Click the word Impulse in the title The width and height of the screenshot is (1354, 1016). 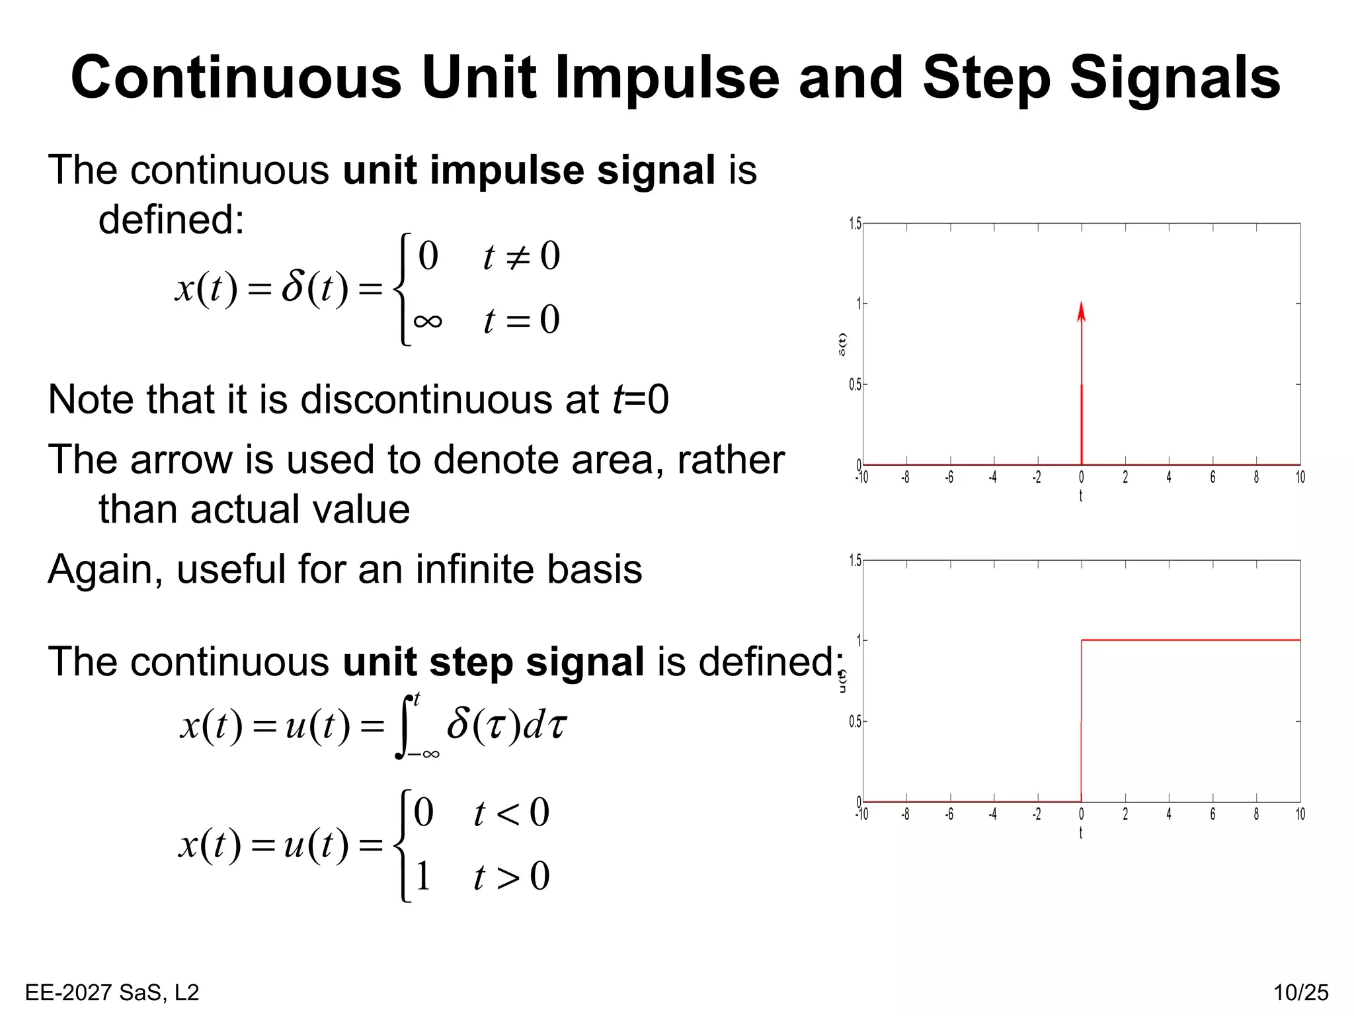668,78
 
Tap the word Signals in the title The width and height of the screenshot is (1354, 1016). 1175,78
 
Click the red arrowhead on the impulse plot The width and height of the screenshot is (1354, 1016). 1081,312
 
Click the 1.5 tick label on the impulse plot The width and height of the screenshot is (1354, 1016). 855,224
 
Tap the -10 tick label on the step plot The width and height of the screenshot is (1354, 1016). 861,814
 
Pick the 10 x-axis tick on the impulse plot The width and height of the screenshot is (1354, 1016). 1300,477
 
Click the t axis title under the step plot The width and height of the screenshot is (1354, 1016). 1081,833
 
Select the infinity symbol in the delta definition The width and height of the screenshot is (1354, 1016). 428,321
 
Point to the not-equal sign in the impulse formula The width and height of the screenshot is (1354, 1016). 518,257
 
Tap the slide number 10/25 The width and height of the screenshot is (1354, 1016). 1300,992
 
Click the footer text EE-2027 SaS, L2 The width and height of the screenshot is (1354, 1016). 112,992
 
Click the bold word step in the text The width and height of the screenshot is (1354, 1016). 471,661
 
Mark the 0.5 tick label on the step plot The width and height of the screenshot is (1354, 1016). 855,722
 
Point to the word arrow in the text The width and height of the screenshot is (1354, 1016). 180,459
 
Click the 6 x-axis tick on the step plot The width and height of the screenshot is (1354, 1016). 1213,814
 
